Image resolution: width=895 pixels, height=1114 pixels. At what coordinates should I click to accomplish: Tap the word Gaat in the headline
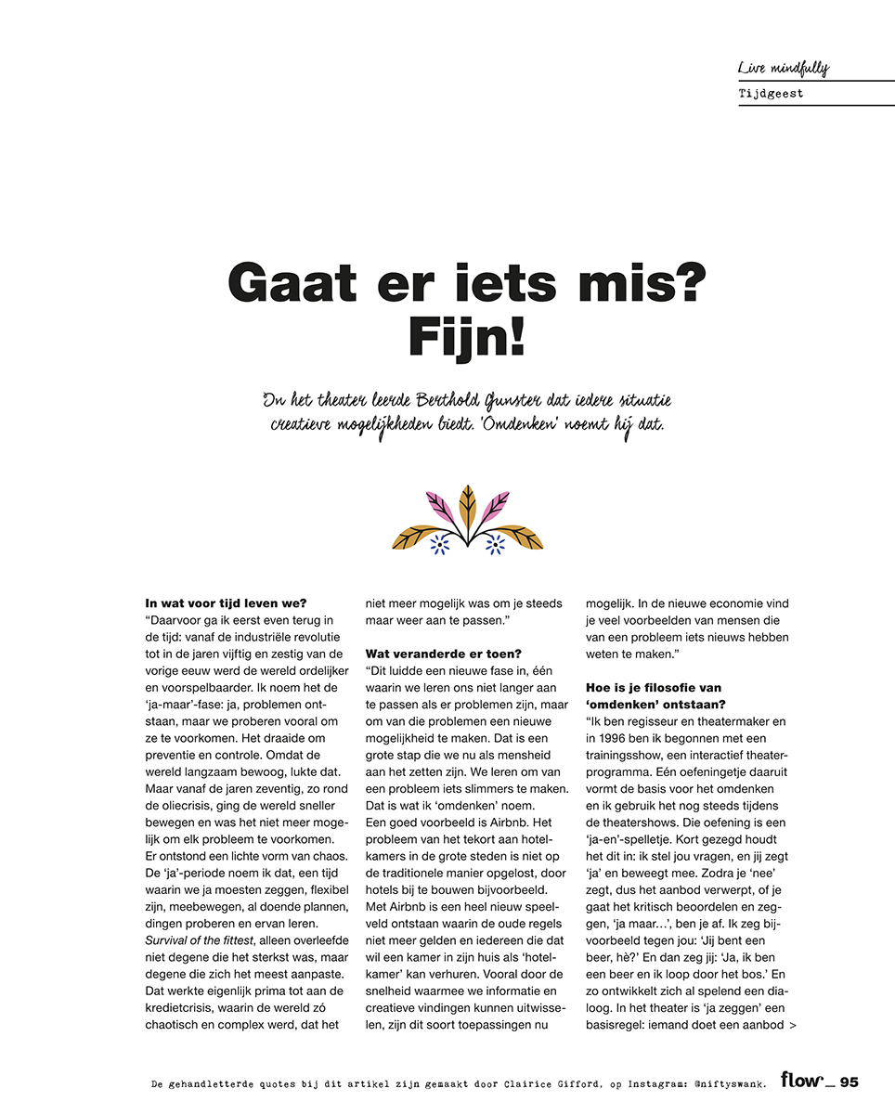tap(287, 282)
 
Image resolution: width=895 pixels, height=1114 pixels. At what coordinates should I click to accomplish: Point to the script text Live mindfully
tap(783, 68)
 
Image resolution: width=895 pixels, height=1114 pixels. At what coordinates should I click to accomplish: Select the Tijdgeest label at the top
tap(771, 94)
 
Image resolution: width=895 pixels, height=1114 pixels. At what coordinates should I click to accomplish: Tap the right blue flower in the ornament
tap(495, 545)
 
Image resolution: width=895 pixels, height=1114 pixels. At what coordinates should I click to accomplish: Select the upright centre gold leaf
tap(468, 508)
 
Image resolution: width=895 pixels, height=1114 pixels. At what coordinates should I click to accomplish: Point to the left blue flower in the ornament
tap(440, 545)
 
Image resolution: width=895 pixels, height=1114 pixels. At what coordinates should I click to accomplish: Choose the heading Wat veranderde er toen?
tap(443, 654)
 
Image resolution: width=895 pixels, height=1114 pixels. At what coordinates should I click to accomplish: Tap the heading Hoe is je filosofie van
tap(654, 687)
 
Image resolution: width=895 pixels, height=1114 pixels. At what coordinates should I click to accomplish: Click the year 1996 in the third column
tap(611, 737)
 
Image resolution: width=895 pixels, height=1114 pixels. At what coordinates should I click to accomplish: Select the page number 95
tap(850, 1082)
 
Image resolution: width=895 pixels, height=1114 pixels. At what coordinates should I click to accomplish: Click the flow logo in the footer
tap(801, 1080)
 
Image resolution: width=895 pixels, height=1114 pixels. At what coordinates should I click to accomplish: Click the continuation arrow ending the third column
tap(791, 1025)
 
